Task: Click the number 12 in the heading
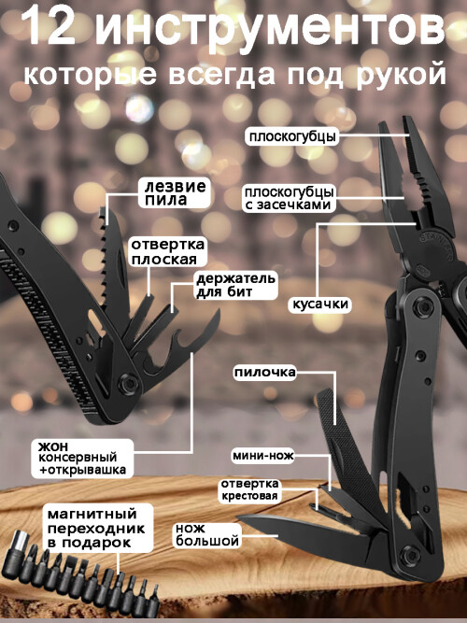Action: coord(50,28)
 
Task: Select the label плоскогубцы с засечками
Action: coord(289,198)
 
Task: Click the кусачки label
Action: coord(320,304)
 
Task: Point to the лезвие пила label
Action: coord(175,193)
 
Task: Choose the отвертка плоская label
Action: coord(168,252)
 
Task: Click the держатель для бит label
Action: coord(235,285)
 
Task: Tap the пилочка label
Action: coord(264,373)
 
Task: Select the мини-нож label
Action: coord(263,456)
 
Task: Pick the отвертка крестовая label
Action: coord(249,489)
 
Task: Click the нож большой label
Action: coord(207,535)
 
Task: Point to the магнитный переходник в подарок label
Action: coord(96,528)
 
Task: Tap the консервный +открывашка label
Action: coord(82,458)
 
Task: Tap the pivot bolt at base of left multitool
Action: coord(128,383)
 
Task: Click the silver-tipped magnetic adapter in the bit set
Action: coord(16,552)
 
